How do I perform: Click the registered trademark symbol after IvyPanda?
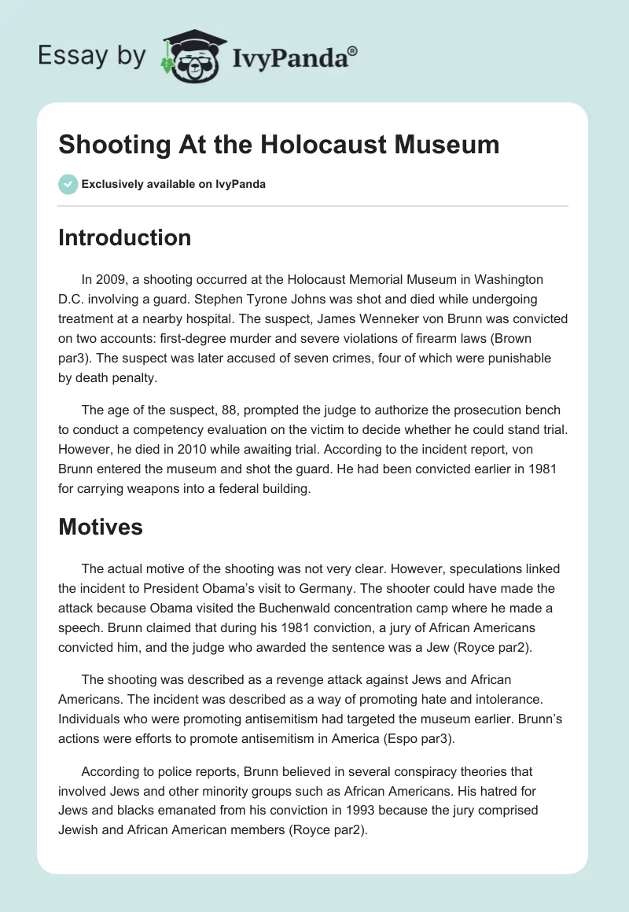pyautogui.click(x=353, y=52)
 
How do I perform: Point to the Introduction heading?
pyautogui.click(x=124, y=237)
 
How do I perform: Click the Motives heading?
pyautogui.click(x=101, y=526)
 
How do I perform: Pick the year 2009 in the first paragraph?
pyautogui.click(x=112, y=279)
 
